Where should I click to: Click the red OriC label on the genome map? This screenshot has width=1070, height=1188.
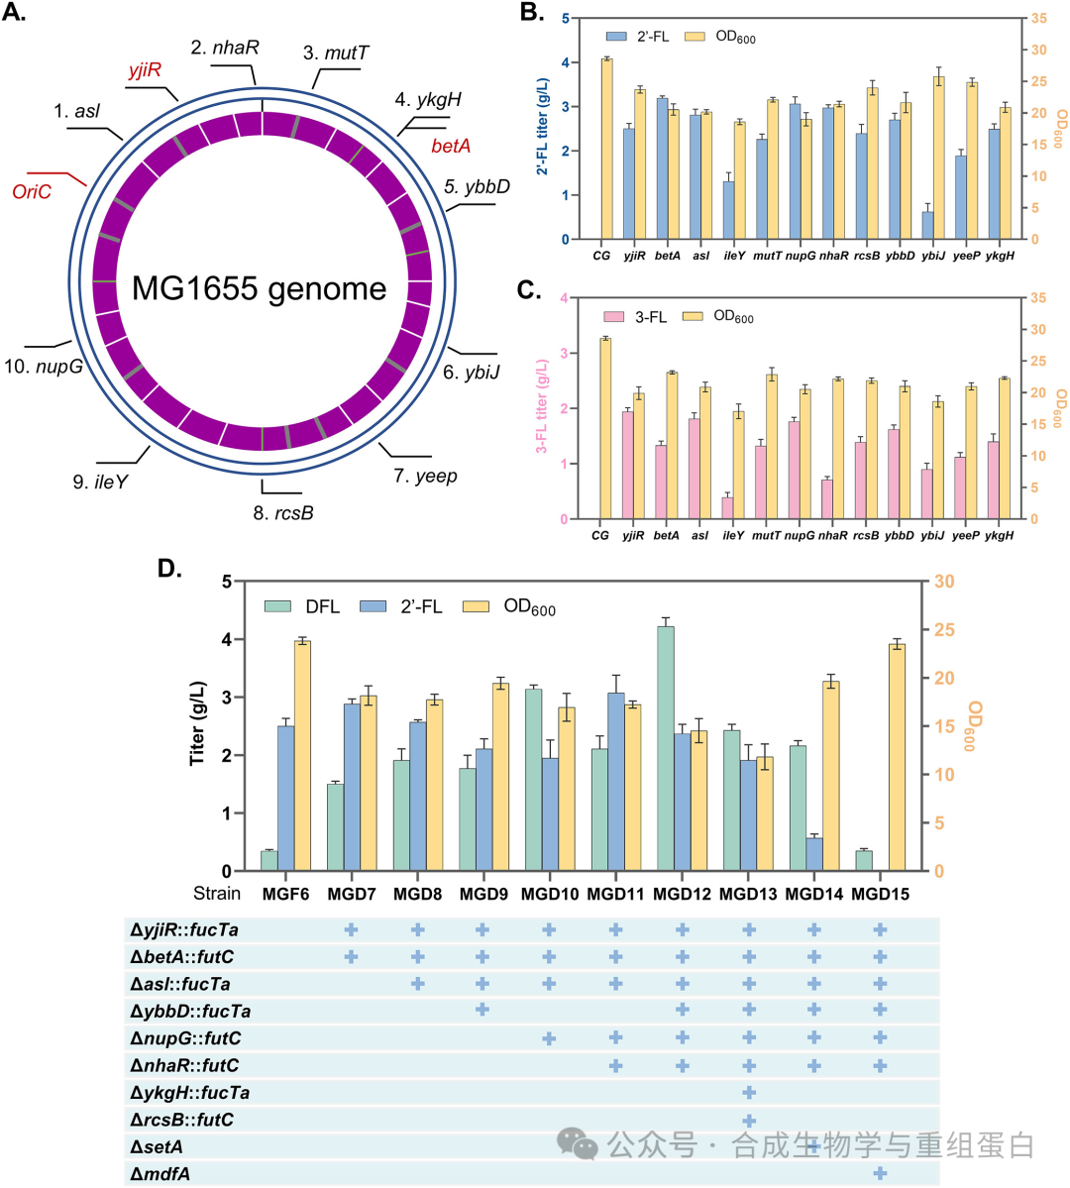pos(32,191)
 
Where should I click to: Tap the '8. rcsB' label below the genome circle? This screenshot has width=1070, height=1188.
pos(283,513)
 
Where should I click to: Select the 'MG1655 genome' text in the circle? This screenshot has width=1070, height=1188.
pos(260,288)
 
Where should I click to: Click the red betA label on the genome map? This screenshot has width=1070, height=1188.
pos(451,146)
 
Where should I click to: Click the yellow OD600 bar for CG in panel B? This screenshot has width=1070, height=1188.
pos(607,149)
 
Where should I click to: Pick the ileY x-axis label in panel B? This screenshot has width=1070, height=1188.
pos(734,256)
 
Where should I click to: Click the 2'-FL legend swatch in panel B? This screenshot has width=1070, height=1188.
pos(617,37)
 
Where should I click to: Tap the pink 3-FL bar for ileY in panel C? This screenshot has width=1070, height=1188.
pos(727,508)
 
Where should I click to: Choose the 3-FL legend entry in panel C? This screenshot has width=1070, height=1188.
pos(635,317)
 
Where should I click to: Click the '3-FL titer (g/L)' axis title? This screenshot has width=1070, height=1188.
pos(542,406)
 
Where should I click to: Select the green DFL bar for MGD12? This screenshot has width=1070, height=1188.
pos(666,748)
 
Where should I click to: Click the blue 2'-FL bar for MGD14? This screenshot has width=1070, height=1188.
pos(814,854)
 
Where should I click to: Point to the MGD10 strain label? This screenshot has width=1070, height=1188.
pos(550,894)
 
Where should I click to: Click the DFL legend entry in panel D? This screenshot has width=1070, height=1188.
pos(302,606)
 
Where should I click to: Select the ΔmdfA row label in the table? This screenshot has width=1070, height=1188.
pos(160,1173)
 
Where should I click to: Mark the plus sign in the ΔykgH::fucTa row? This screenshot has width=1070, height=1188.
pos(749,1092)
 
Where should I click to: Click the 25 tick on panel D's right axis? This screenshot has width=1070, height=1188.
pos(944,630)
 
